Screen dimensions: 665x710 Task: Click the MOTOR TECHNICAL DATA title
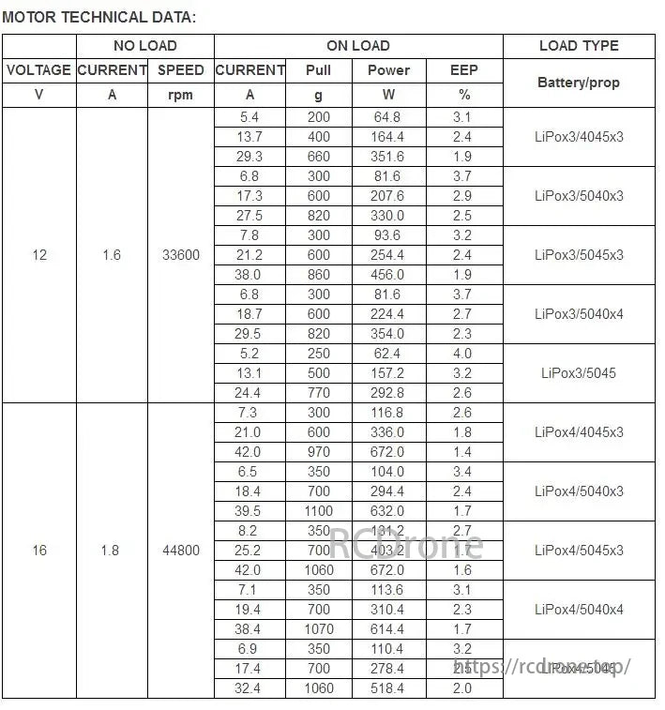(99, 17)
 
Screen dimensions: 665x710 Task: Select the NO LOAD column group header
(144, 46)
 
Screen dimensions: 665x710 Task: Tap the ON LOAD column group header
(358, 46)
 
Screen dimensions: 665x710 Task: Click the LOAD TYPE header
(579, 46)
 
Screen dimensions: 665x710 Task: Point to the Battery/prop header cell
(579, 83)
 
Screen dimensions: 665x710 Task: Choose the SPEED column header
(180, 70)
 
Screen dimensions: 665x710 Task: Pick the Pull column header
(319, 70)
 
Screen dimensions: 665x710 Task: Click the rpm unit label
(180, 95)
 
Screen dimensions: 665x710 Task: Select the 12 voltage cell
(39, 255)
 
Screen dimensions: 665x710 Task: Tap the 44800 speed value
(180, 551)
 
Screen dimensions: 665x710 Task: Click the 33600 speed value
(180, 255)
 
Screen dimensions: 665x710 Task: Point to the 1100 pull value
(319, 511)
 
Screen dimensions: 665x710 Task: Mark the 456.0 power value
(387, 275)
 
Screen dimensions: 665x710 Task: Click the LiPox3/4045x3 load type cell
(579, 137)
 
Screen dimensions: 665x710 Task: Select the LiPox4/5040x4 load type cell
(579, 610)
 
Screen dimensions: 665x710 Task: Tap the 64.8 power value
(387, 117)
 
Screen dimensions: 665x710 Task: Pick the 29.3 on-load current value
(250, 157)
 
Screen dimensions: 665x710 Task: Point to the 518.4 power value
(387, 688)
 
